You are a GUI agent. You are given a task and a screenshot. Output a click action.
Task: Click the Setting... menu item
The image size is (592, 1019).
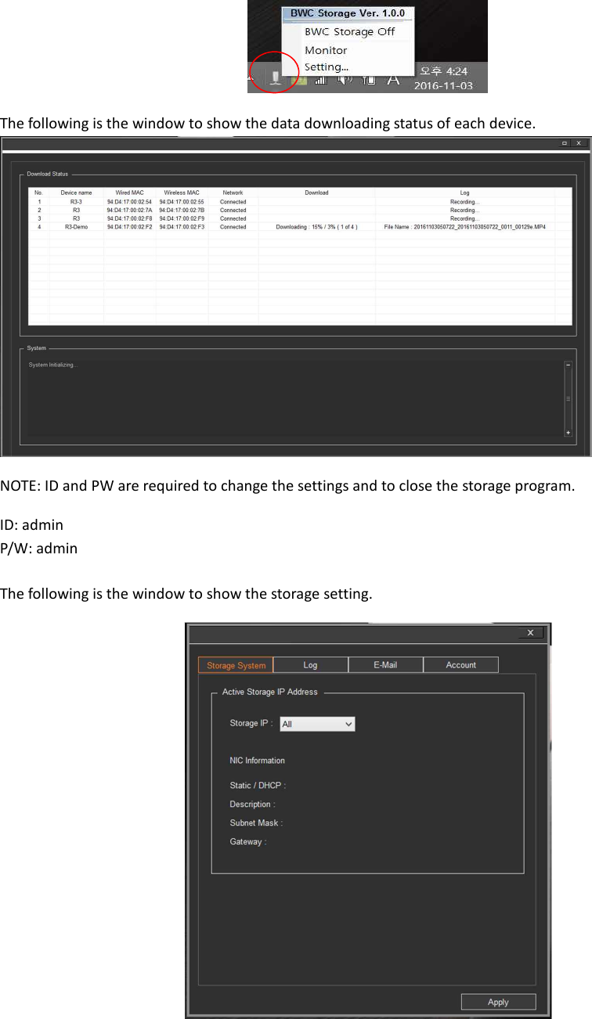click(x=327, y=67)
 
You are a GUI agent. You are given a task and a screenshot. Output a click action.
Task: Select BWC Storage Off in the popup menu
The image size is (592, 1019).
click(x=349, y=32)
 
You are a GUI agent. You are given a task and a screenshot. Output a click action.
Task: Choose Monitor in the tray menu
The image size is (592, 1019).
click(x=326, y=50)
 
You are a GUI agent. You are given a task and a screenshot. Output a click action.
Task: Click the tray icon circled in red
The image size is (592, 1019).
click(x=274, y=76)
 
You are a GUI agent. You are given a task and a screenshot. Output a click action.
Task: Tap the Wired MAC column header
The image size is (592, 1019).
click(x=129, y=193)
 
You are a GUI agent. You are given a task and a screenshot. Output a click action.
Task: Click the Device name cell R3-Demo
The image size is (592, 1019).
click(x=76, y=227)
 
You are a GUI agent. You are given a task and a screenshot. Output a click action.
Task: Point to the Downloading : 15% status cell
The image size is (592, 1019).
click(x=316, y=227)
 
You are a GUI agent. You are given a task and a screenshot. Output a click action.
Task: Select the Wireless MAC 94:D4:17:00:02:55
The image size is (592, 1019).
click(x=182, y=202)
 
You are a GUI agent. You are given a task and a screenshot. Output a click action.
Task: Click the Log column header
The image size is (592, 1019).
click(x=464, y=193)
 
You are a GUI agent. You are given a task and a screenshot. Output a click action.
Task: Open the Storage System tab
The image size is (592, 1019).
click(x=236, y=665)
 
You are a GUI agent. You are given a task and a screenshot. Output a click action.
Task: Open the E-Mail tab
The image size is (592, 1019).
click(x=385, y=665)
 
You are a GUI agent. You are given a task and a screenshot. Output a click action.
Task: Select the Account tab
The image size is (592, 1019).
click(x=460, y=665)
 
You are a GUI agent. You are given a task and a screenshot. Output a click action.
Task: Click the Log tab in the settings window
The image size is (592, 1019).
click(x=310, y=665)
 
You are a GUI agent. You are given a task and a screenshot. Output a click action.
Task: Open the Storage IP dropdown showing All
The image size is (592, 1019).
click(x=317, y=725)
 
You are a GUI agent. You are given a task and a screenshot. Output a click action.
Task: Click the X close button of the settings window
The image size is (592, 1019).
click(x=530, y=632)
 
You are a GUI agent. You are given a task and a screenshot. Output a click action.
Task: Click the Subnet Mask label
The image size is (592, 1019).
click(x=256, y=823)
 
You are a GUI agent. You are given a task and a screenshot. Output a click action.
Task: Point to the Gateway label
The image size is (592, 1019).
click(x=247, y=842)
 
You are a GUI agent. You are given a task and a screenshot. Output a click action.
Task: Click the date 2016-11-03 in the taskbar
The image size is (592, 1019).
click(x=443, y=85)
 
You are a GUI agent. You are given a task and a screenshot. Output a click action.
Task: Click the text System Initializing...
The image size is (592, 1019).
click(x=52, y=365)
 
